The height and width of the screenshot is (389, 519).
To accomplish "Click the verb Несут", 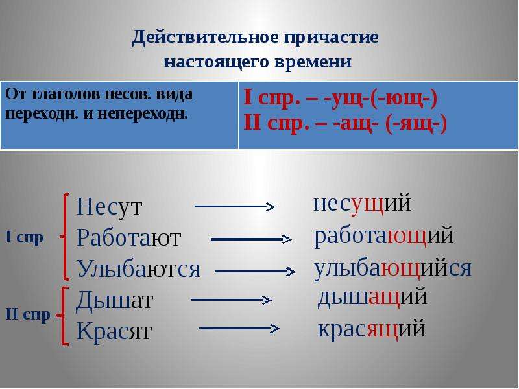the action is (x=109, y=207).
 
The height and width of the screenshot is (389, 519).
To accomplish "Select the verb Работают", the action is (x=128, y=237).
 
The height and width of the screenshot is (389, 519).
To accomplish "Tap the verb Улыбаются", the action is (x=138, y=268).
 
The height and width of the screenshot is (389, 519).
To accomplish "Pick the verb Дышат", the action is (x=114, y=300).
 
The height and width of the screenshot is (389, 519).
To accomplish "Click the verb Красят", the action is (x=114, y=331).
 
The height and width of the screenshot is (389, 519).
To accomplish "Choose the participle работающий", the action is (x=384, y=235).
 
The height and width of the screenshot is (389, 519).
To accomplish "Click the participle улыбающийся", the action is (x=392, y=268).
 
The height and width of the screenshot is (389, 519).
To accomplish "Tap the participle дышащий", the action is (x=372, y=297).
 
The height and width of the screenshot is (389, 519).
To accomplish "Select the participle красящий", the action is (x=371, y=329).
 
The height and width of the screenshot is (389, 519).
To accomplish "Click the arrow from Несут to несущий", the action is (x=235, y=207).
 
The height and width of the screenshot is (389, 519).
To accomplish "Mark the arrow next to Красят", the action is (x=239, y=329).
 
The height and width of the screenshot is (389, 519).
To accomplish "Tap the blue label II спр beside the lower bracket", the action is (x=28, y=314).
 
